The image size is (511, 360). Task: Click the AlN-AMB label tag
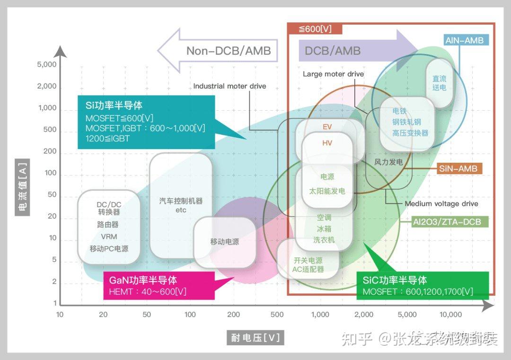(x=465, y=40)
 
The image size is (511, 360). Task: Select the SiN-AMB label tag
(x=458, y=168)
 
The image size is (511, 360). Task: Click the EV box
(x=327, y=127)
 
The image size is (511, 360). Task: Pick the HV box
(x=327, y=143)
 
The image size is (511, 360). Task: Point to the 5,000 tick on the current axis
(x=47, y=65)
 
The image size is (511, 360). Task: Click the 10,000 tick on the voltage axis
(x=450, y=315)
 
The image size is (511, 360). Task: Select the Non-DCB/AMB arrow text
(x=229, y=51)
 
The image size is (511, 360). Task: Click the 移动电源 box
(x=225, y=242)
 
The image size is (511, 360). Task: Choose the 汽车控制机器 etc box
(x=181, y=205)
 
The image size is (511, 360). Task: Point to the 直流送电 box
(x=440, y=83)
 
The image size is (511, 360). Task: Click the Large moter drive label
(x=333, y=74)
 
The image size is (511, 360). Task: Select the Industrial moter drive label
(x=229, y=86)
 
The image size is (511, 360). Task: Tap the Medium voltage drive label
(x=441, y=204)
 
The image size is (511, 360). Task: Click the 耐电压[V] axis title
(x=255, y=338)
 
